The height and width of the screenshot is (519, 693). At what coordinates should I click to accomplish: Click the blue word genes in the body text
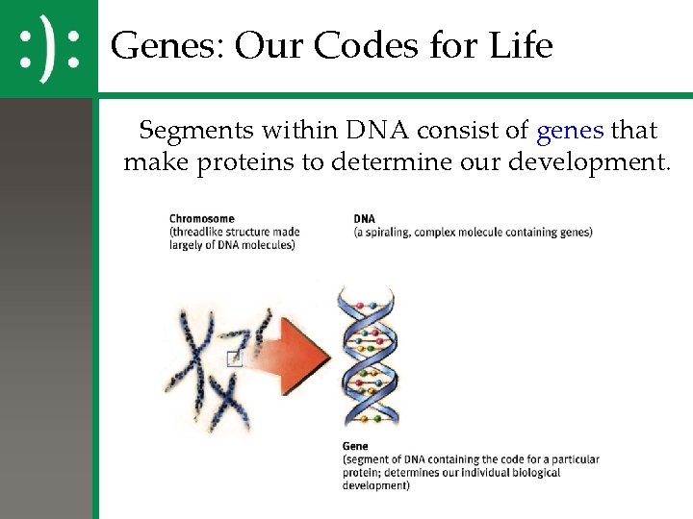(x=570, y=130)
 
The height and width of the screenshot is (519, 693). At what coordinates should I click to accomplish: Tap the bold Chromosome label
(x=202, y=219)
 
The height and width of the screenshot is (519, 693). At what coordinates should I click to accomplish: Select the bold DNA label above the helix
(x=365, y=219)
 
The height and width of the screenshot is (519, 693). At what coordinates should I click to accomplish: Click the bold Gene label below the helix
(x=354, y=446)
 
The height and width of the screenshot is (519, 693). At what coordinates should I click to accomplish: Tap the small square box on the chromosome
(x=234, y=358)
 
